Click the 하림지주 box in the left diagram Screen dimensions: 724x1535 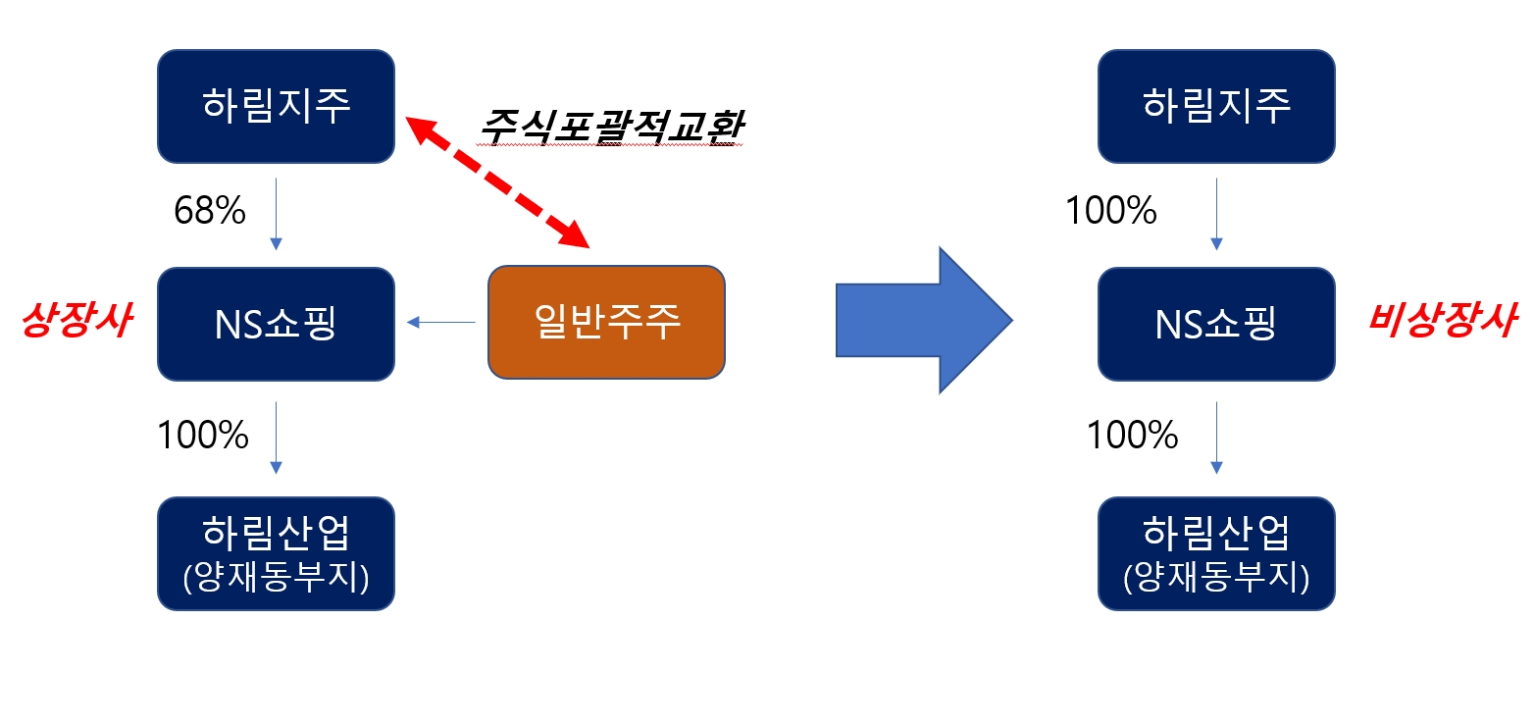click(x=276, y=107)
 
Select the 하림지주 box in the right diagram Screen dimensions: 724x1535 click(x=1216, y=107)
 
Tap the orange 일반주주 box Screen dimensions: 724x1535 click(x=606, y=322)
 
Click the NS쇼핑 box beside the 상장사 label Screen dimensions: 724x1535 click(x=276, y=324)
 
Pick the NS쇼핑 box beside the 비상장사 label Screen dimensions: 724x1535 click(x=1216, y=324)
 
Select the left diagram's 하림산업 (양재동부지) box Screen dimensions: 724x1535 click(x=276, y=553)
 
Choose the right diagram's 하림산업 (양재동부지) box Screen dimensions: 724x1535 click(x=1216, y=553)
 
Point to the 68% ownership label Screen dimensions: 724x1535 click(x=209, y=210)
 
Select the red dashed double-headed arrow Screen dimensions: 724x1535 click(x=496, y=181)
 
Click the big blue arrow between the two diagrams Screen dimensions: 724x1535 click(x=922, y=320)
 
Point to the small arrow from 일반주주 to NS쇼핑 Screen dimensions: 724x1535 click(x=440, y=322)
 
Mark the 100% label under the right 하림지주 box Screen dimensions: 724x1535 click(x=1111, y=210)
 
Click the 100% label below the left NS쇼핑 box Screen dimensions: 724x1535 click(x=203, y=435)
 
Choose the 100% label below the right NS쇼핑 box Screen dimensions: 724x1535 click(x=1132, y=435)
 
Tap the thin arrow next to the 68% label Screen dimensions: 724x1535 click(x=276, y=213)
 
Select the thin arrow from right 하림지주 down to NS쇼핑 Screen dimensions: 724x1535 click(x=1216, y=213)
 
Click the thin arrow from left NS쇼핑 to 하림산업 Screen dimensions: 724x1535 click(x=276, y=437)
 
